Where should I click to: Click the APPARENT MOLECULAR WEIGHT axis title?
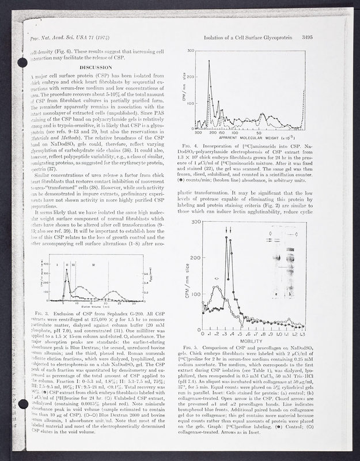pos(250,138)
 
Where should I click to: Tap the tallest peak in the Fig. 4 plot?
pos(209,61)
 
